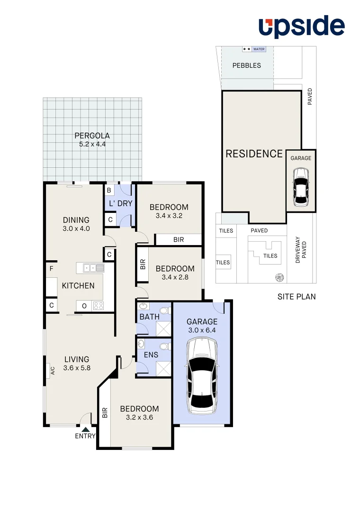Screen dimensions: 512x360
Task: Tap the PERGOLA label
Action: click(92, 136)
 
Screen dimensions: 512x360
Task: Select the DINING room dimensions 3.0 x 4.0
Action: click(76, 228)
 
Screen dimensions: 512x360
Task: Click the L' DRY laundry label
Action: click(120, 204)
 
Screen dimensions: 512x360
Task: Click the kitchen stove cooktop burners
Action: click(99, 306)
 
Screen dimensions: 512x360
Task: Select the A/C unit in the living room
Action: click(53, 370)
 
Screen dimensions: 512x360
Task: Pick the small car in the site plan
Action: click(301, 189)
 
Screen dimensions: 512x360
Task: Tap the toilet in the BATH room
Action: click(163, 311)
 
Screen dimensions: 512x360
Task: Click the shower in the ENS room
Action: click(163, 368)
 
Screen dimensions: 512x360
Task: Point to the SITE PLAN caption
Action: click(297, 297)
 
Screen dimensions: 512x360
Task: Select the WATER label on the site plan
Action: click(259, 49)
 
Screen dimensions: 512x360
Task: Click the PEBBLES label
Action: click(246, 65)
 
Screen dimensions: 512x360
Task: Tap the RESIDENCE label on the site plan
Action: click(254, 154)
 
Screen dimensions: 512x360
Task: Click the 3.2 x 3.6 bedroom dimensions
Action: click(139, 418)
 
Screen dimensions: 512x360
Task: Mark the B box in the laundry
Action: click(109, 190)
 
